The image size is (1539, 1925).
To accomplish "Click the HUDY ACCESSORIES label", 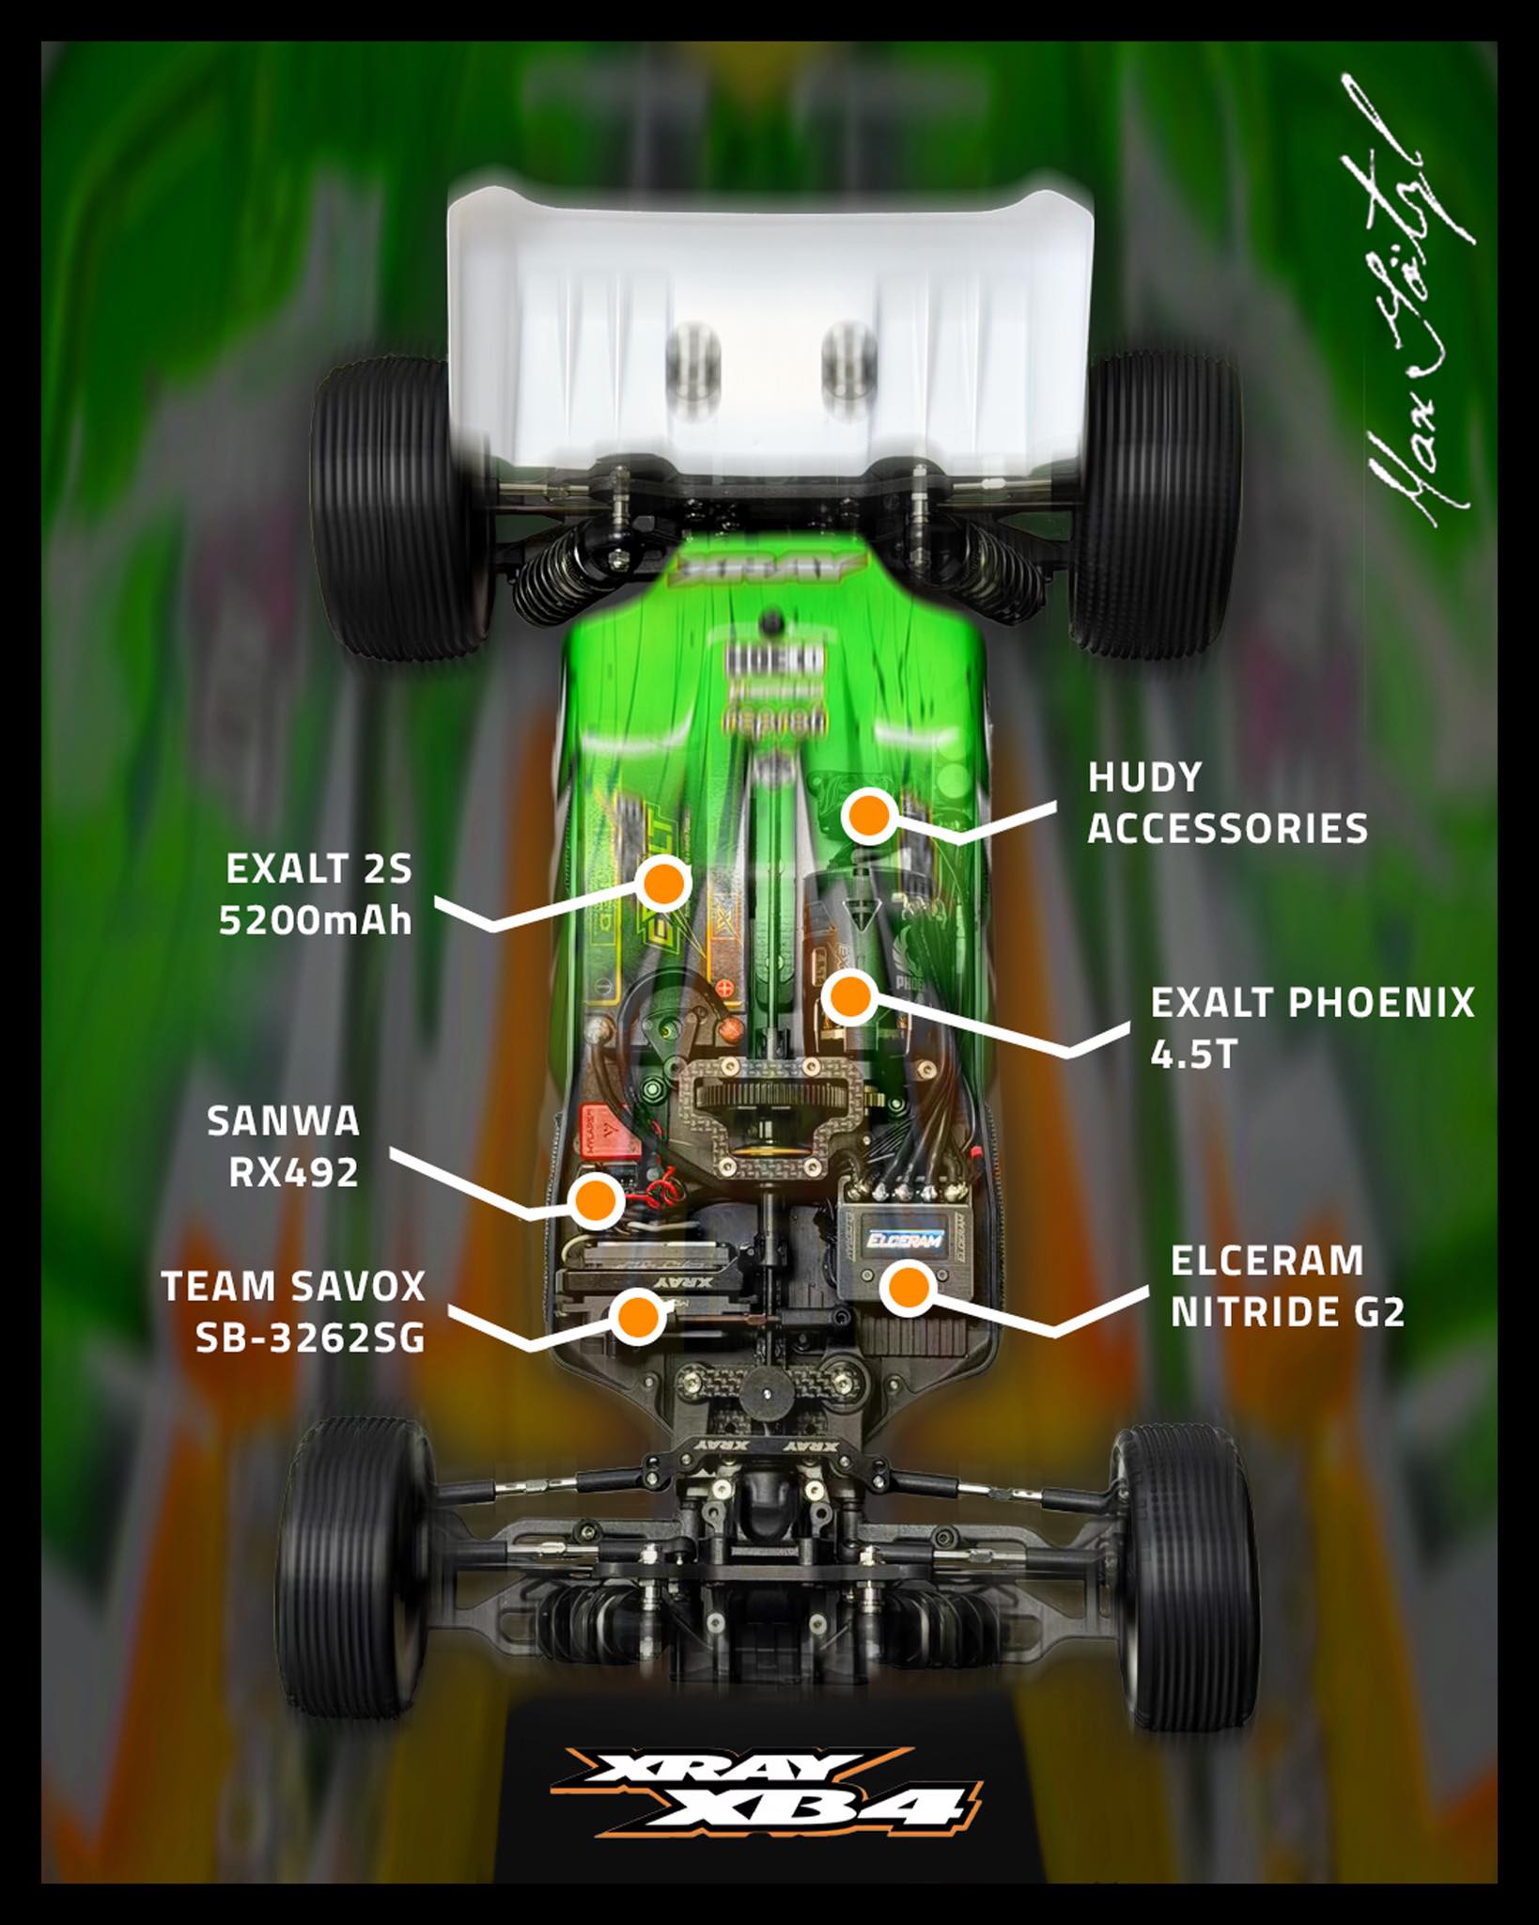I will tap(1227, 803).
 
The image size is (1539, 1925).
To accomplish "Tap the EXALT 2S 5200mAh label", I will tap(318, 895).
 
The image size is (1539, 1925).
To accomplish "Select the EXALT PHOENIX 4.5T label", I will tap(1312, 1028).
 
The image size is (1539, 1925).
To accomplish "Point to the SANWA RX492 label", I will tap(283, 1147).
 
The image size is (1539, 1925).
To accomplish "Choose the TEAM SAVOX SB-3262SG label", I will tap(294, 1312).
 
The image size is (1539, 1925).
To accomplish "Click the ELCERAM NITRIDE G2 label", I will tap(1287, 1286).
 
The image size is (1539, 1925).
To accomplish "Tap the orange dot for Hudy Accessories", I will tap(865, 815).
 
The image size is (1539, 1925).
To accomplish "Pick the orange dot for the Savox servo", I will tap(639, 1315).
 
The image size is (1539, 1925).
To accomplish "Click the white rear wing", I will tap(770, 310).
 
